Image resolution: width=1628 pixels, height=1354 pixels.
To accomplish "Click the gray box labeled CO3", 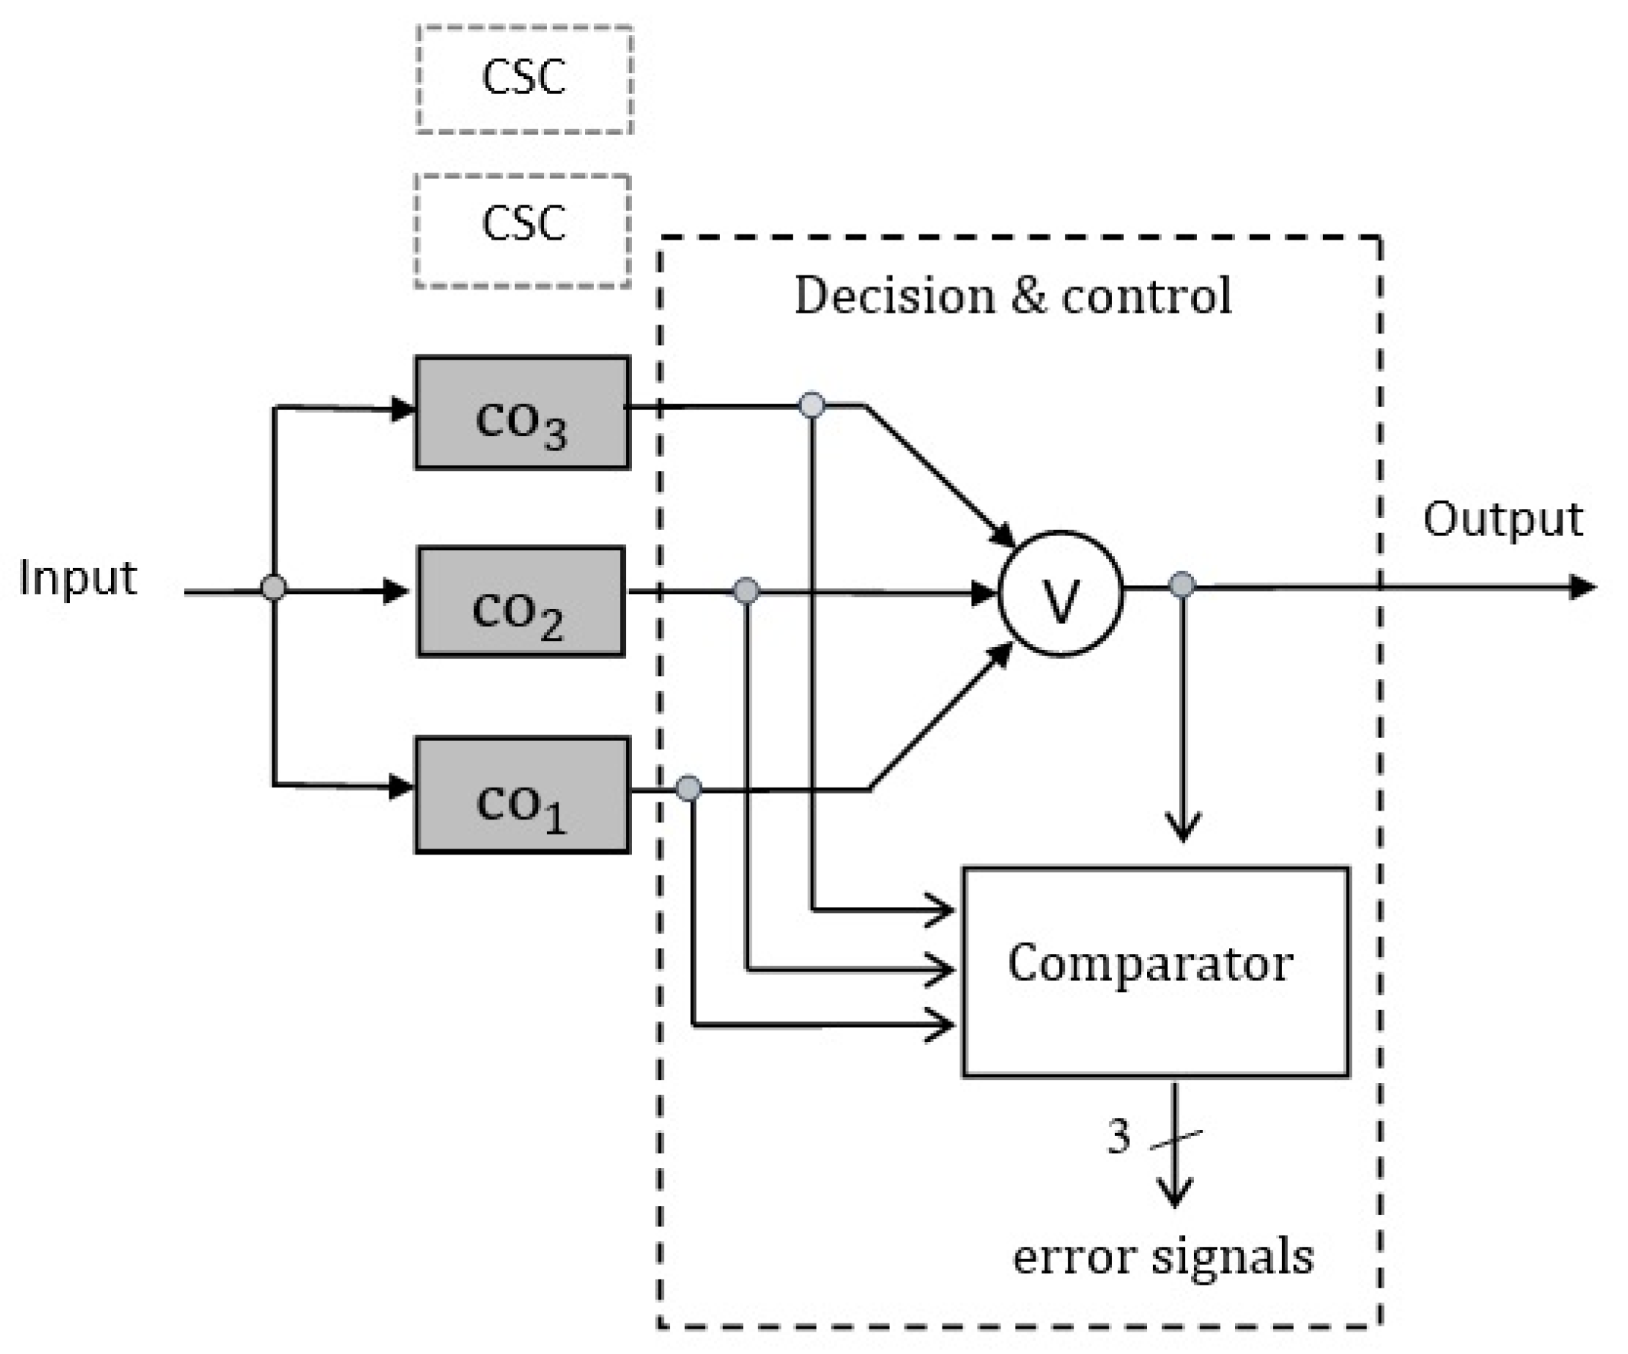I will point(522,412).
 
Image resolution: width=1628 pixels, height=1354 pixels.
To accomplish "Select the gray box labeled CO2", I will point(521,601).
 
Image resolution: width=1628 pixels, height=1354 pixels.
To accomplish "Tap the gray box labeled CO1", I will point(522,794).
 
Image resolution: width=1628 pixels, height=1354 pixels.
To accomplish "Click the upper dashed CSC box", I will point(524,79).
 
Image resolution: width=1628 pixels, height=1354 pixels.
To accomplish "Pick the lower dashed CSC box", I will point(523,230).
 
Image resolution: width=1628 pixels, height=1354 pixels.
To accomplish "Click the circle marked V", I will point(1060,593).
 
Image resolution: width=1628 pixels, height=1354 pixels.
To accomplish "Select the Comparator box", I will point(1155,971).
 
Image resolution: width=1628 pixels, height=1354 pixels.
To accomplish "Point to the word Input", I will point(77,578).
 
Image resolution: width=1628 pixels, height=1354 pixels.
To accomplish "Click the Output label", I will point(1501,519).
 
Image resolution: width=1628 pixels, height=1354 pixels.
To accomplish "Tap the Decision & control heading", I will point(1012,296).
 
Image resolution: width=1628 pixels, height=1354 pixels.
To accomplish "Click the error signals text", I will point(1163,1256).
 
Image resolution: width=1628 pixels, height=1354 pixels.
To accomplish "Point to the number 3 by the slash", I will point(1118,1137).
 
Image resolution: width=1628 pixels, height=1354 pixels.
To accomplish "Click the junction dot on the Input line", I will point(273,587).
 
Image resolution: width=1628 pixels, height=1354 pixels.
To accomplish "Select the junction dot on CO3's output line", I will point(811,405).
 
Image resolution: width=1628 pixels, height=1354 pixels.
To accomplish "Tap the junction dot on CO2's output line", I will point(746,590).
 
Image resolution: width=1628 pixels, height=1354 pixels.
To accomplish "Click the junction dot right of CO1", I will point(689,788).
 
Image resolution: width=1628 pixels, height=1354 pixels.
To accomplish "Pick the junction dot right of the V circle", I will point(1181,584).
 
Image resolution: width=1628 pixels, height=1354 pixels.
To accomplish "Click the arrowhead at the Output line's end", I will point(1582,587).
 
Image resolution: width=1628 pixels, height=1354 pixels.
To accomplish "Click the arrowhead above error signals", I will point(1175,1192).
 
